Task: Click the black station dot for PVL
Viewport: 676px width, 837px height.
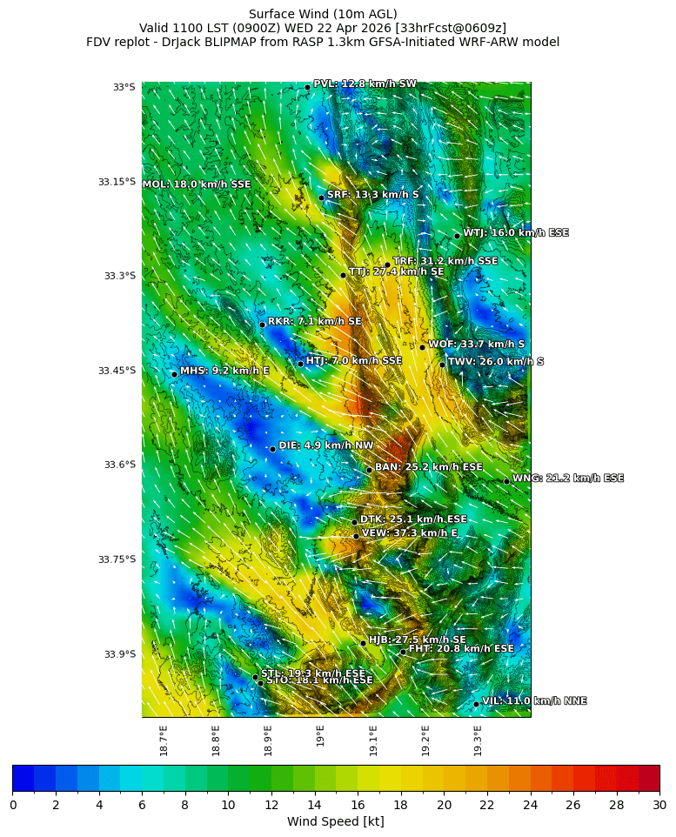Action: coord(307,87)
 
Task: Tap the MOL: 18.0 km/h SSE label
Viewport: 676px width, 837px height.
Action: coord(197,184)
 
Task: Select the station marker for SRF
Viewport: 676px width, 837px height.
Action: coord(321,198)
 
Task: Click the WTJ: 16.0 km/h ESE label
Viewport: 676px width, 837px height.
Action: coord(515,233)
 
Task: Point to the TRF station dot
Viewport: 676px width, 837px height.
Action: coord(387,264)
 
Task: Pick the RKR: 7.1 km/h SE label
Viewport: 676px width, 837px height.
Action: coord(314,322)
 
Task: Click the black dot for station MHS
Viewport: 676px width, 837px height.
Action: coord(174,374)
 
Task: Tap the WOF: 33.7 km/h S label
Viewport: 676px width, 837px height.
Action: coord(476,345)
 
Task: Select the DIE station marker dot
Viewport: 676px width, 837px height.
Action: coord(272,449)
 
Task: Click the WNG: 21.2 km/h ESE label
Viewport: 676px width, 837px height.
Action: coord(567,479)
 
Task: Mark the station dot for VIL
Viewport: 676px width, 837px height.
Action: coord(476,704)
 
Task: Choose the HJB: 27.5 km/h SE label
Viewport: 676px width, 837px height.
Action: coord(417,640)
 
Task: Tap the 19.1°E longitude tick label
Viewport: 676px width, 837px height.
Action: coord(373,740)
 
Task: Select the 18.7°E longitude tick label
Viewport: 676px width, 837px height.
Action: coord(164,740)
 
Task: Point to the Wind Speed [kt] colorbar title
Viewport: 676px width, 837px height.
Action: coord(336,821)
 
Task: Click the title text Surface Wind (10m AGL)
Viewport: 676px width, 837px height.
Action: coord(323,14)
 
